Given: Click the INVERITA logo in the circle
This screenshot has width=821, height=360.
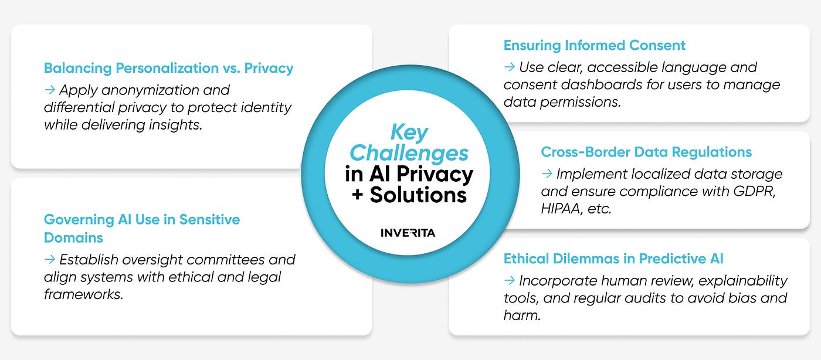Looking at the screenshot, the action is tap(408, 233).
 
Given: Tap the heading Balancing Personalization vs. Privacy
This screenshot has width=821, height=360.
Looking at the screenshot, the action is tap(168, 68).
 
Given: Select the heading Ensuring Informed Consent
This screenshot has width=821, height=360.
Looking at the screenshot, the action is tap(595, 45).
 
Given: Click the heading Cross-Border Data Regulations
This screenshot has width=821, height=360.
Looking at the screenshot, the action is tap(646, 152).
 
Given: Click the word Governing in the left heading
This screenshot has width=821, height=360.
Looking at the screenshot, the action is tap(79, 220).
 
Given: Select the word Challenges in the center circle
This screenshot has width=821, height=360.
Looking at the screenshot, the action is tap(409, 153).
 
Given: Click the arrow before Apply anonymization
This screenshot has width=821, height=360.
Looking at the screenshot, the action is tap(49, 90).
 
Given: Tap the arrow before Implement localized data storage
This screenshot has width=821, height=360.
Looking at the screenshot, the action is tap(547, 174).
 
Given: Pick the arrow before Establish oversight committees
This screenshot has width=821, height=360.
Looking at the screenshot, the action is tap(49, 259).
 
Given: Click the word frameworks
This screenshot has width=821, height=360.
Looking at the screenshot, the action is tap(83, 294).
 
